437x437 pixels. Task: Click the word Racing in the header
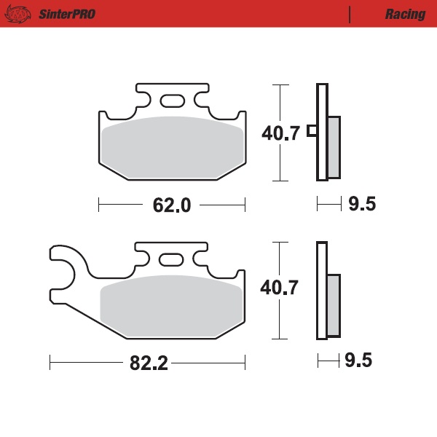click(405, 14)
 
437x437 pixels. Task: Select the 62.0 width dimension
click(171, 205)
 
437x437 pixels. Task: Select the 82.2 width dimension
click(150, 363)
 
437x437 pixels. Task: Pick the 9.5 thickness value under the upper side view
click(361, 205)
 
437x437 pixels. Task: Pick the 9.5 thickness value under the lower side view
click(361, 361)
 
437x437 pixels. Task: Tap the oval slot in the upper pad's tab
click(172, 101)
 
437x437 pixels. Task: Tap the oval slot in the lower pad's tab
click(172, 259)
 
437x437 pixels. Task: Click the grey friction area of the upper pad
click(172, 149)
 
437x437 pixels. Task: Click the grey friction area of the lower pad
click(172, 310)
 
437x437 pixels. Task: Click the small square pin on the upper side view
click(312, 131)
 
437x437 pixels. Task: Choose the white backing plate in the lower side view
click(321, 291)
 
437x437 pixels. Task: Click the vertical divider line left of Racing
click(351, 14)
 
